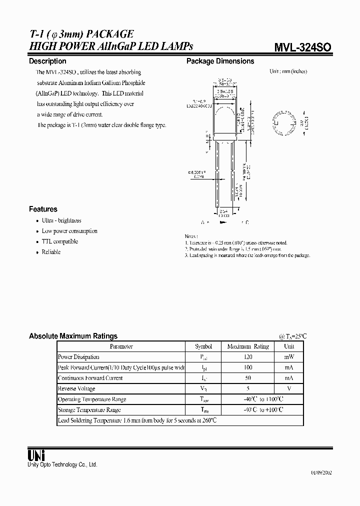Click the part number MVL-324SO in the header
coord(301,47)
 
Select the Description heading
coord(47,61)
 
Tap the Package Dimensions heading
coord(220,61)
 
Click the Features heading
coord(43,209)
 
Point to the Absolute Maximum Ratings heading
coord(73,336)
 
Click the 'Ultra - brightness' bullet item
coord(61,220)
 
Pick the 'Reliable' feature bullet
coord(51,252)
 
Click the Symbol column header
coord(203,346)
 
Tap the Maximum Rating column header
coord(248,346)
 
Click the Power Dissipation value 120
coord(248,357)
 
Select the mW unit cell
coord(289,357)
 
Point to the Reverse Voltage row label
coord(76,388)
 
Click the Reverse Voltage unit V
coord(289,388)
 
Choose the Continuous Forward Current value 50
coord(248,378)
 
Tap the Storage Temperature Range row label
coord(89,409)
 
